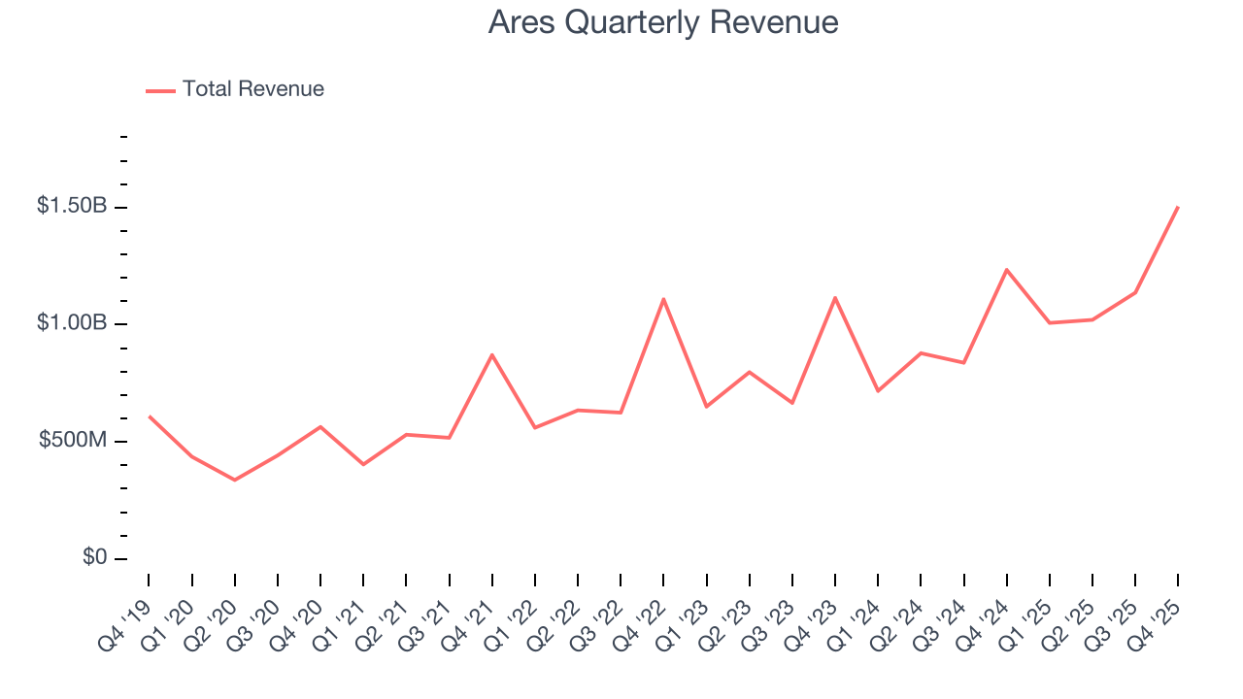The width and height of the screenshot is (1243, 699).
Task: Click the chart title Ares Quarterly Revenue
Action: click(x=663, y=22)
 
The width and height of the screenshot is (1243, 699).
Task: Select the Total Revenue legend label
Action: click(x=252, y=89)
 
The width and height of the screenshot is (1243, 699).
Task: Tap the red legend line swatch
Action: click(x=160, y=90)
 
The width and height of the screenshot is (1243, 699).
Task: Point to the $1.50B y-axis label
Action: click(x=73, y=206)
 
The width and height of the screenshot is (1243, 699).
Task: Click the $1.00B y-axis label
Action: click(x=73, y=323)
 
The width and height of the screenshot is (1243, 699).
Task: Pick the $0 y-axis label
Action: click(x=94, y=558)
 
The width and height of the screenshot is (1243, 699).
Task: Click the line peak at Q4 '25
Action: click(x=1178, y=207)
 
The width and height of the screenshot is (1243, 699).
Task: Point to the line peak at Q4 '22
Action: click(x=663, y=299)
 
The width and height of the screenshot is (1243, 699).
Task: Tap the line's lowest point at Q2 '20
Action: click(x=235, y=480)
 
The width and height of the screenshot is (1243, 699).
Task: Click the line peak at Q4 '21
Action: click(x=492, y=354)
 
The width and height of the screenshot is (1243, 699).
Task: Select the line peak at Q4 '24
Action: click(x=1007, y=269)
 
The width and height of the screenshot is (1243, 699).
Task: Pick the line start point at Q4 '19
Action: click(x=149, y=416)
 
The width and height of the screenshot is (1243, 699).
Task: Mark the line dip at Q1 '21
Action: click(x=363, y=464)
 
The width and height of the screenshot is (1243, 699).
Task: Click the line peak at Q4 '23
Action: click(x=835, y=297)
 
